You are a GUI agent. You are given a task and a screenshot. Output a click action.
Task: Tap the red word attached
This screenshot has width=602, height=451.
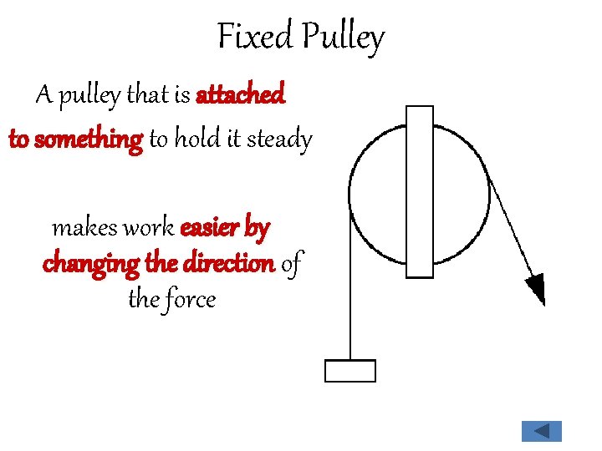click(x=240, y=96)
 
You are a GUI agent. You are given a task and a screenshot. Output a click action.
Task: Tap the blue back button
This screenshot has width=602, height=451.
click(x=541, y=431)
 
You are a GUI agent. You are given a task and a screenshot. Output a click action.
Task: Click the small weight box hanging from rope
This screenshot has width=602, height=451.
click(x=349, y=370)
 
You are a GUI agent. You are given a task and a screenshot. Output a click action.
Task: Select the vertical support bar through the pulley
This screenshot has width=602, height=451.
click(x=419, y=191)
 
